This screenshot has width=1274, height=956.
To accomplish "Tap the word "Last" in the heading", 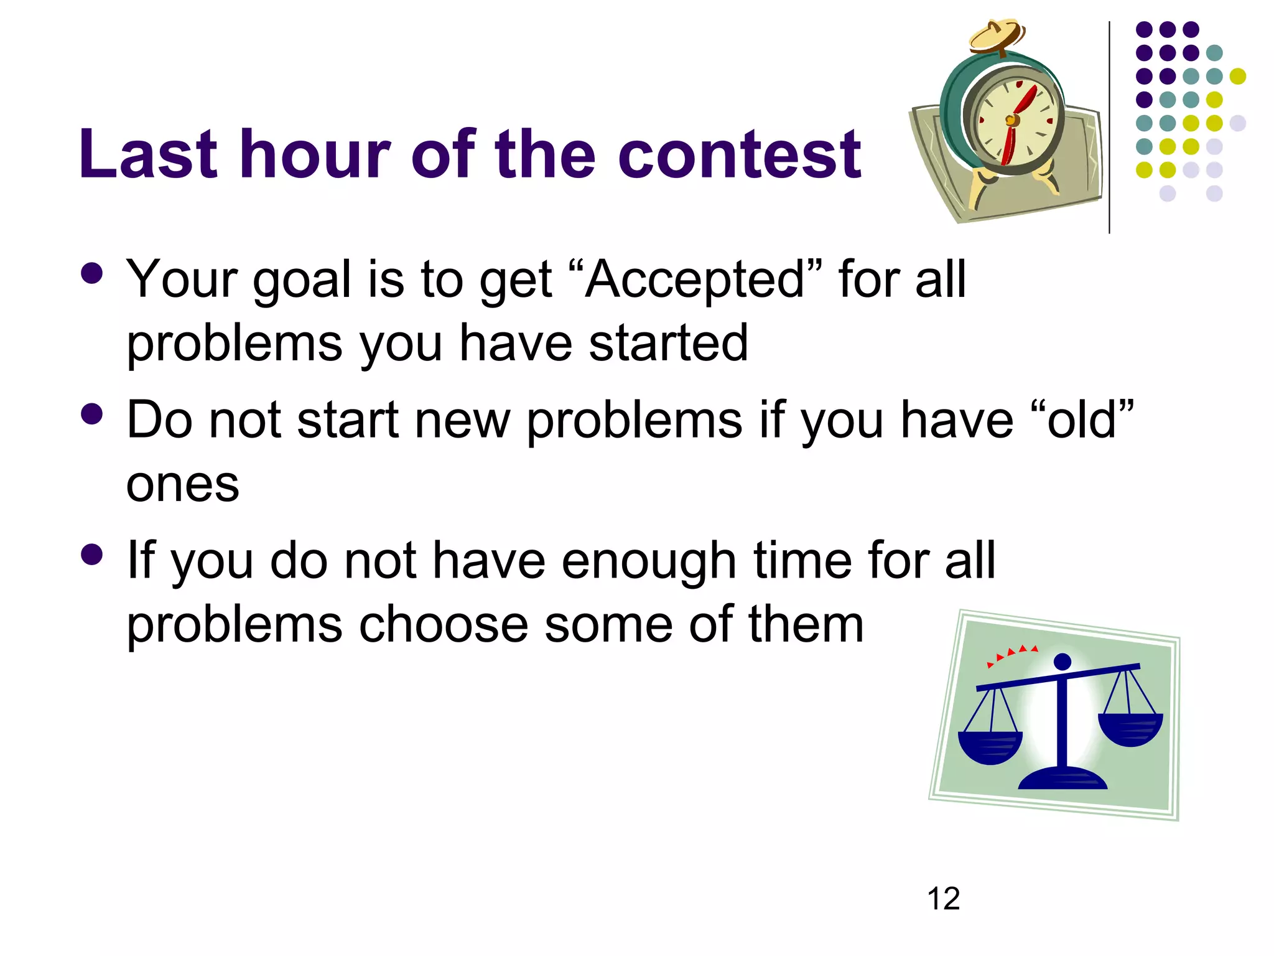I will tap(147, 154).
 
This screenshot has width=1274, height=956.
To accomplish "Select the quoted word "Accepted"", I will tap(695, 279).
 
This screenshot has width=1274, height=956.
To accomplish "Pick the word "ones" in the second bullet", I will tap(182, 484).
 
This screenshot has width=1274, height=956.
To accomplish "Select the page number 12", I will tap(943, 899).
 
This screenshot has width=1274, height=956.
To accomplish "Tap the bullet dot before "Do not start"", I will tap(92, 414).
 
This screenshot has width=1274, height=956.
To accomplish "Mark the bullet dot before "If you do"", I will tap(92, 554).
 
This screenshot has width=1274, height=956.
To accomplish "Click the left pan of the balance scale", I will tap(990, 746).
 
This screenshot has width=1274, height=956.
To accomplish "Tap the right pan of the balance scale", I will tap(1130, 728).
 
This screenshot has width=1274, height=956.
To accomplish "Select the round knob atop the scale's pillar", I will tap(1062, 662).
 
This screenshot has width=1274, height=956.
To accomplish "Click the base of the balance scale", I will tap(1062, 779).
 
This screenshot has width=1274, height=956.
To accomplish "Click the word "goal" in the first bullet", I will tap(302, 279).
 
